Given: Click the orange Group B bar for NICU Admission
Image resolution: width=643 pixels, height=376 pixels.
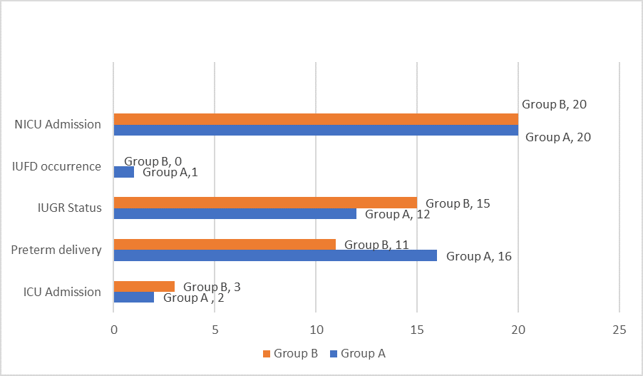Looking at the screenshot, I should pos(316,119).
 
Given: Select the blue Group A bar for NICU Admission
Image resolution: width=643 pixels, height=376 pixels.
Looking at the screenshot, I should pos(316,131).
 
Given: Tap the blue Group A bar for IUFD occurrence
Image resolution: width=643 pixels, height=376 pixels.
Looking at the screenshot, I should pos(124,172).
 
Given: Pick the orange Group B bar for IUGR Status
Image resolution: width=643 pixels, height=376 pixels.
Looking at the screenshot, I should pos(265,203).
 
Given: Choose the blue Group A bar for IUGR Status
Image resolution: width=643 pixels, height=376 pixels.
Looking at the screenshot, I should pos(235,214).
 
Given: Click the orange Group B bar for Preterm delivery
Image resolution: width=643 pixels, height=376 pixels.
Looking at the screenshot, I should pos(225,244).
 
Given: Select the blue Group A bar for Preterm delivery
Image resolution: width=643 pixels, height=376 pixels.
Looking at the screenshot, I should pos(275,255).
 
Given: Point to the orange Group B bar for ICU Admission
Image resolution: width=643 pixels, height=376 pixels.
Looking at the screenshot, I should pos(144,286).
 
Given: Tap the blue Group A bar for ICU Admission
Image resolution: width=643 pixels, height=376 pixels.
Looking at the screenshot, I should pos(134,298).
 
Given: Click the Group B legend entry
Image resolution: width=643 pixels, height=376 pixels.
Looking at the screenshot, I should pos(290,353).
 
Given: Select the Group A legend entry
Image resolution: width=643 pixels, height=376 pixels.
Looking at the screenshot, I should pos(358,353).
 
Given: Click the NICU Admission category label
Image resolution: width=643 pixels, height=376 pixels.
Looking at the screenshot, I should pos(58,125).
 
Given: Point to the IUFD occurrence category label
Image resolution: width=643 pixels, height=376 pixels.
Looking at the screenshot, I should pos(56,167).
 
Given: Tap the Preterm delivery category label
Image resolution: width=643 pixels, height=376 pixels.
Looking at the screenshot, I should pos(56,250).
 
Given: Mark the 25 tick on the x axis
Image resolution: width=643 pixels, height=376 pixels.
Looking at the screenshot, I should pos(619,330).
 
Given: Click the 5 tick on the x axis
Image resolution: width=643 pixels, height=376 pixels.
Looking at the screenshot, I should pos(215,330).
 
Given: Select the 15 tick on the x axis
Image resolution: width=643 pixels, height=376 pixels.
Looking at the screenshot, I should pos(417,330).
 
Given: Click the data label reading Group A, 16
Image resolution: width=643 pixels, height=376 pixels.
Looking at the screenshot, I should pos(479,256).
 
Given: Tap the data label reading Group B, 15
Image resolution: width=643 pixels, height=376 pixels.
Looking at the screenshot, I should pos(458,203).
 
